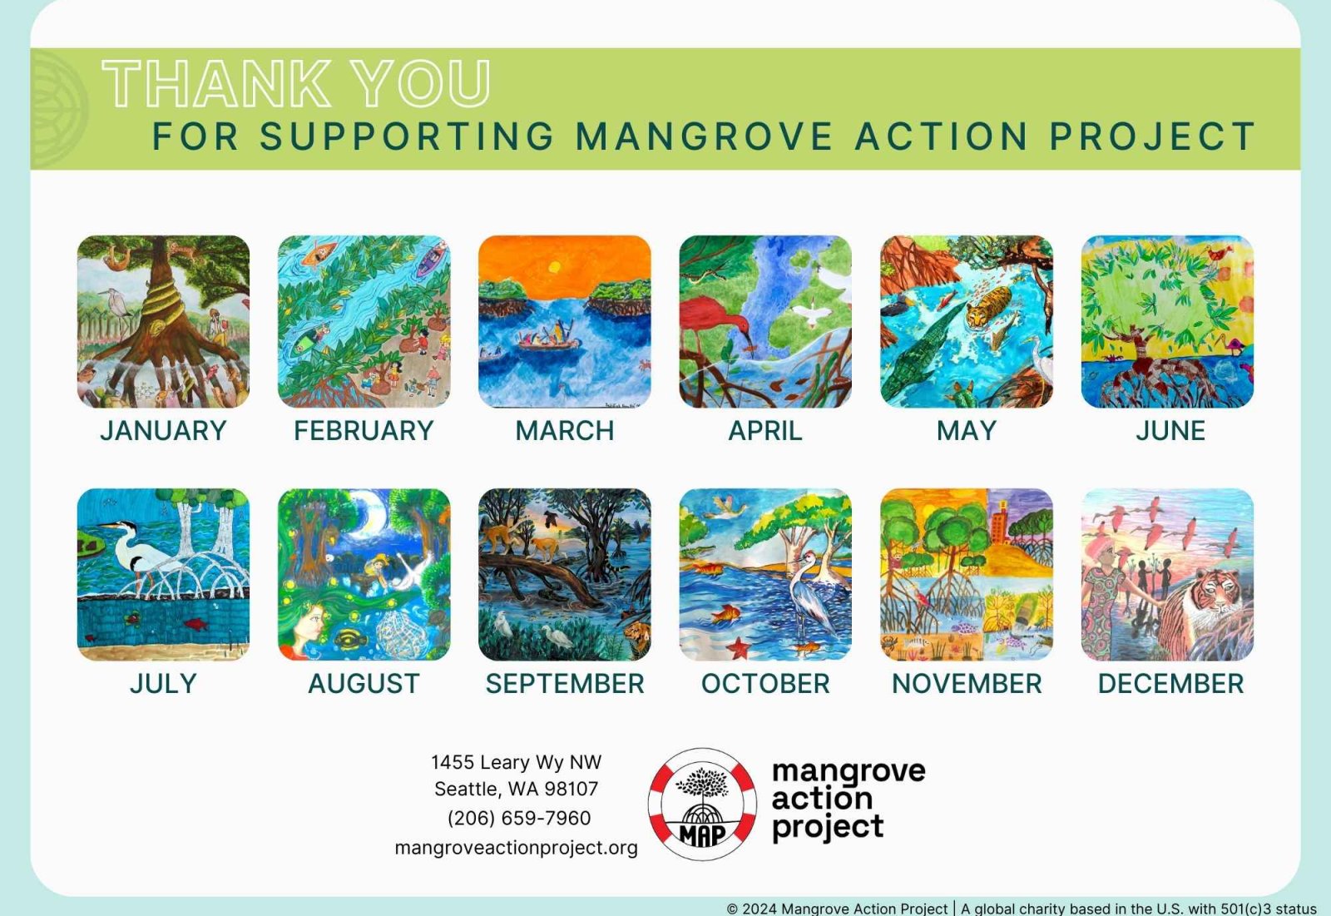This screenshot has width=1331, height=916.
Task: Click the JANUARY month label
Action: (163, 430)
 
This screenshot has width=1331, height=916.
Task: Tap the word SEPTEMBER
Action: (565, 684)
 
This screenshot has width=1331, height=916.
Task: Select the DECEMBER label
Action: (1170, 684)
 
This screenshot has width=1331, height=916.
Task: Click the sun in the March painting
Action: (554, 267)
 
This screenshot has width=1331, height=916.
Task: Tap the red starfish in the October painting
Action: (739, 648)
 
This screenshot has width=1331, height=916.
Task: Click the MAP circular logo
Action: (702, 805)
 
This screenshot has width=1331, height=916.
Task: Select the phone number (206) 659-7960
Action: (519, 818)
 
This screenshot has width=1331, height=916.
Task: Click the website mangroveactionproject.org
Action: (516, 848)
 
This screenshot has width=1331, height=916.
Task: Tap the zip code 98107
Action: (571, 789)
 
